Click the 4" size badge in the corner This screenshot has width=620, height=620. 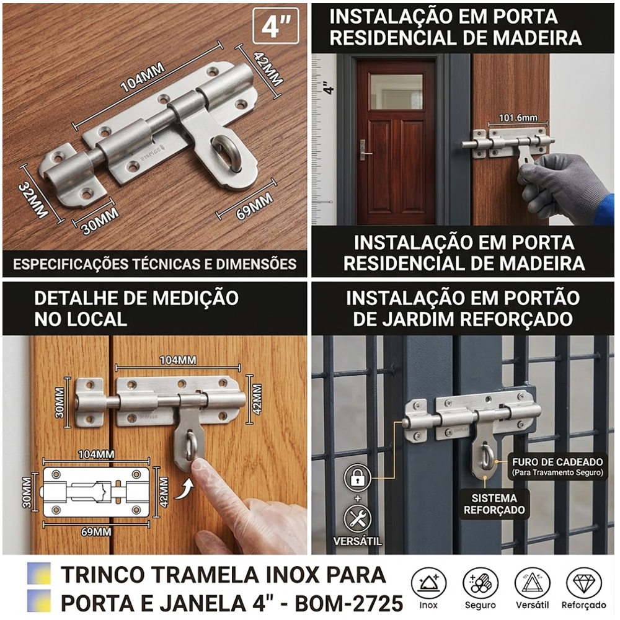pyautogui.click(x=276, y=25)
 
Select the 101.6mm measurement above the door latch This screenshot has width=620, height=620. pyautogui.click(x=518, y=117)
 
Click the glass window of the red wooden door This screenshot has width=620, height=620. pyautogui.click(x=396, y=92)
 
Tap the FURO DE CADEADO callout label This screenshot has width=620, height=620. pyautogui.click(x=557, y=466)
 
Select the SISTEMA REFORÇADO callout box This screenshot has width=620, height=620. pyautogui.click(x=494, y=503)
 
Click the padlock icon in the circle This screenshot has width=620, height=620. pyautogui.click(x=357, y=477)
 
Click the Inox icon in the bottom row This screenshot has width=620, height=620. pyautogui.click(x=428, y=584)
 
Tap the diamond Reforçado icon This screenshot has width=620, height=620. pyautogui.click(x=583, y=584)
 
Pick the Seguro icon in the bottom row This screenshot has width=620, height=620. pyautogui.click(x=480, y=584)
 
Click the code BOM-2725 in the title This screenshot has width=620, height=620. pyautogui.click(x=348, y=603)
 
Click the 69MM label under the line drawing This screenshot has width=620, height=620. pyautogui.click(x=95, y=532)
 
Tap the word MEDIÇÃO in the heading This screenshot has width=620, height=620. pyautogui.click(x=195, y=298)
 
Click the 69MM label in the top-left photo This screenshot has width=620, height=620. pyautogui.click(x=254, y=206)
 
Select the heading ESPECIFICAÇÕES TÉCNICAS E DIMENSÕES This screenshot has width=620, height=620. pyautogui.click(x=154, y=264)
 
